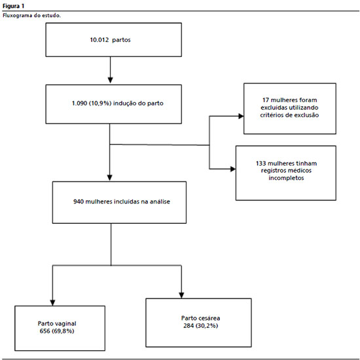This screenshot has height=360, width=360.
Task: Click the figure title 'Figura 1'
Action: tap(13, 6)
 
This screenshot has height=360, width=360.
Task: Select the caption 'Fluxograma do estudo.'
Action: tap(31, 16)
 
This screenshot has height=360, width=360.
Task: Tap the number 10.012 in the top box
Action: tap(99, 40)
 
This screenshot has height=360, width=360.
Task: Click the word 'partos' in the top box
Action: tap(122, 40)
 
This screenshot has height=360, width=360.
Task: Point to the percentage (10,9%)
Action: tap(100, 103)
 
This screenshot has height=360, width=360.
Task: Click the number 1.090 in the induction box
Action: tap(79, 103)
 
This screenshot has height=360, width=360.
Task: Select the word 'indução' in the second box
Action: tap(124, 103)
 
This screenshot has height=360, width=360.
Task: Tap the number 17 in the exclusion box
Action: tap(266, 100)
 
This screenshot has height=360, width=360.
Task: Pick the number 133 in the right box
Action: tap(261, 163)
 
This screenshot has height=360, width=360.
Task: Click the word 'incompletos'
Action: tap(286, 178)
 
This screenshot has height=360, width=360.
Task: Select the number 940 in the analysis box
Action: tap(79, 202)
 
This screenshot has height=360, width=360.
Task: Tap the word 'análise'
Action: tap(160, 202)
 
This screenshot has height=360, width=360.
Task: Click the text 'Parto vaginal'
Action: tap(57, 323)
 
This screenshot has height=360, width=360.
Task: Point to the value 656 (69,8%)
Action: tap(57, 331)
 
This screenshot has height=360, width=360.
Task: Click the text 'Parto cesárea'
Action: tap(201, 318)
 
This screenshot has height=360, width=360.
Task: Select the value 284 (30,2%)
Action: tap(201, 325)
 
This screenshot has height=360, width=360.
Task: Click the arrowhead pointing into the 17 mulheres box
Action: tap(241, 116)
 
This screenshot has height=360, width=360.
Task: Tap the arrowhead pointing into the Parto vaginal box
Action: tap(52, 303)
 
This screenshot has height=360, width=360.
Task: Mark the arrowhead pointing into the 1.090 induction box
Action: tap(110, 80)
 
